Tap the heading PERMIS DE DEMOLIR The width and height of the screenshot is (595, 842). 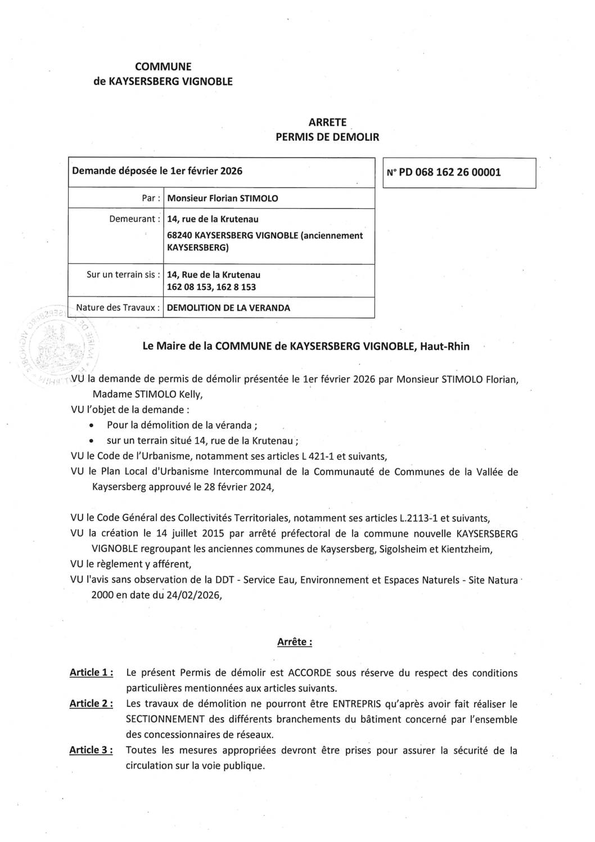[x=327, y=137]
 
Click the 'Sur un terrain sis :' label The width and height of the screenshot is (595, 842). [x=123, y=275]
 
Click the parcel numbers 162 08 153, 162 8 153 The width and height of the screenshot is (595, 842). [x=215, y=286]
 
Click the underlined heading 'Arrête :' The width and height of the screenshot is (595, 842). [x=295, y=642]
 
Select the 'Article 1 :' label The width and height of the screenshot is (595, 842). [x=92, y=673]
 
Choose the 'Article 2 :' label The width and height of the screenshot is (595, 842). [x=92, y=704]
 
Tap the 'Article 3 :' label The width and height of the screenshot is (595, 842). [x=92, y=750]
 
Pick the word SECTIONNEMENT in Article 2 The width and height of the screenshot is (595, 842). [x=164, y=719]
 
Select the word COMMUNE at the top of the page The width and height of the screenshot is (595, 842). [x=163, y=67]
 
